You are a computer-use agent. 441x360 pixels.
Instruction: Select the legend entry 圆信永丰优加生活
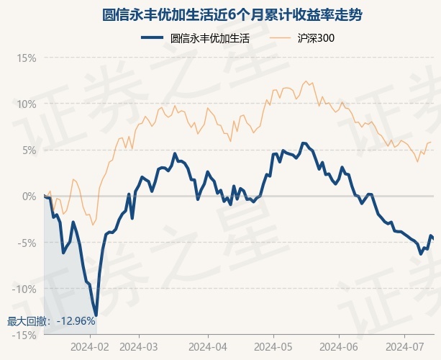(209, 38)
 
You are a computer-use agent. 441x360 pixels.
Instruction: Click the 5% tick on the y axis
(29, 150)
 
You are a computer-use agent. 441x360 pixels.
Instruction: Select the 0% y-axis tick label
(29, 196)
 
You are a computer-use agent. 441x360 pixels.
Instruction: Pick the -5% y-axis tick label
(27, 243)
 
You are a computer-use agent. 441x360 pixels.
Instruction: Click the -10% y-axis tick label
(24, 289)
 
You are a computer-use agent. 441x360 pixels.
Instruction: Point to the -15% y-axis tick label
(24, 335)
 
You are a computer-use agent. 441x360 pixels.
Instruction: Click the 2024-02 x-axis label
(91, 347)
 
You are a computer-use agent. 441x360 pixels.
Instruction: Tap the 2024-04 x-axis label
(207, 347)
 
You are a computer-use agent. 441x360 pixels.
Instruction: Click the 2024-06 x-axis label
(338, 347)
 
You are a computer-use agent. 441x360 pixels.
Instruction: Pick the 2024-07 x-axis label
(404, 347)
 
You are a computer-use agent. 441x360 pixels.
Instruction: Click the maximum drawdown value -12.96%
(74, 321)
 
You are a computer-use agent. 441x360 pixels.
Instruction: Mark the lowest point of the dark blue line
(96, 315)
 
